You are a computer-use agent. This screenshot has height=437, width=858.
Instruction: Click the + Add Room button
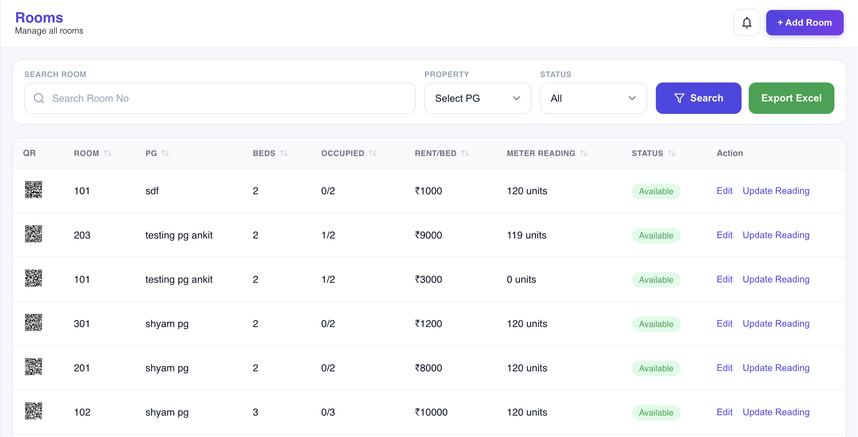[804, 22]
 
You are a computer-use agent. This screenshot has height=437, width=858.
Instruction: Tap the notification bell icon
[747, 22]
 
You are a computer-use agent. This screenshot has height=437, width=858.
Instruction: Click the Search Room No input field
[220, 98]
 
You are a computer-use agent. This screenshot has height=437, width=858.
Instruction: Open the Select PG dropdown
[478, 98]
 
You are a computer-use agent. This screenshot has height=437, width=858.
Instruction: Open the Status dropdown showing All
[593, 98]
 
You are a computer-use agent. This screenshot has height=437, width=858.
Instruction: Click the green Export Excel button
[791, 98]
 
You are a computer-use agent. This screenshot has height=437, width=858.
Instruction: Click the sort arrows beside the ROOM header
[108, 153]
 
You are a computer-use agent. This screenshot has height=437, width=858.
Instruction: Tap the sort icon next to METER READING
[584, 153]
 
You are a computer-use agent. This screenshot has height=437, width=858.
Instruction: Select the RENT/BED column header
[435, 153]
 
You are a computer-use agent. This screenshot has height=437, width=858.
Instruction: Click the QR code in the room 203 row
[34, 234]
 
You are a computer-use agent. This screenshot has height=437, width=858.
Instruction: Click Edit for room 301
[724, 323]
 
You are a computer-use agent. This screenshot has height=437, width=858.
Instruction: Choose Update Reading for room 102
[776, 412]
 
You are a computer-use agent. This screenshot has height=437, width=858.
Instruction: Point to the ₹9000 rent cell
[428, 235]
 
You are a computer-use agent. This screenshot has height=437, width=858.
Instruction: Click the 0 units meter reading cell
[521, 279]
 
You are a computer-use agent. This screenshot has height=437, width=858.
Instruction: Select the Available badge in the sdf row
[656, 191]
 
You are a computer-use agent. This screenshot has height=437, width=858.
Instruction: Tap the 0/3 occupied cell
[328, 412]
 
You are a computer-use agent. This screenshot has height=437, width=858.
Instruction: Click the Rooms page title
[39, 17]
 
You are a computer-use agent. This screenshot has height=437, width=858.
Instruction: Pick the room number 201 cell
[82, 368]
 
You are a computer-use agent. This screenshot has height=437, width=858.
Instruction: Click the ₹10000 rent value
[431, 412]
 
